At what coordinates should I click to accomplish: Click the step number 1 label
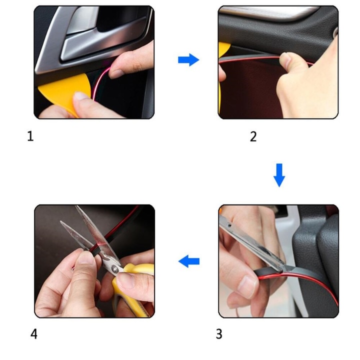[30, 136]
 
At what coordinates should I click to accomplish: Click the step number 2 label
[253, 136]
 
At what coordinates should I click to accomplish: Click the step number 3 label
[219, 334]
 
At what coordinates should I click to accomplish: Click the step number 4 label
[34, 334]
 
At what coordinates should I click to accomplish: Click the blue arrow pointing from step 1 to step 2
[188, 59]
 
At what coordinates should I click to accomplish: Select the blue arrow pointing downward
[279, 175]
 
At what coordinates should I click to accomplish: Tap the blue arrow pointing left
[189, 261]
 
